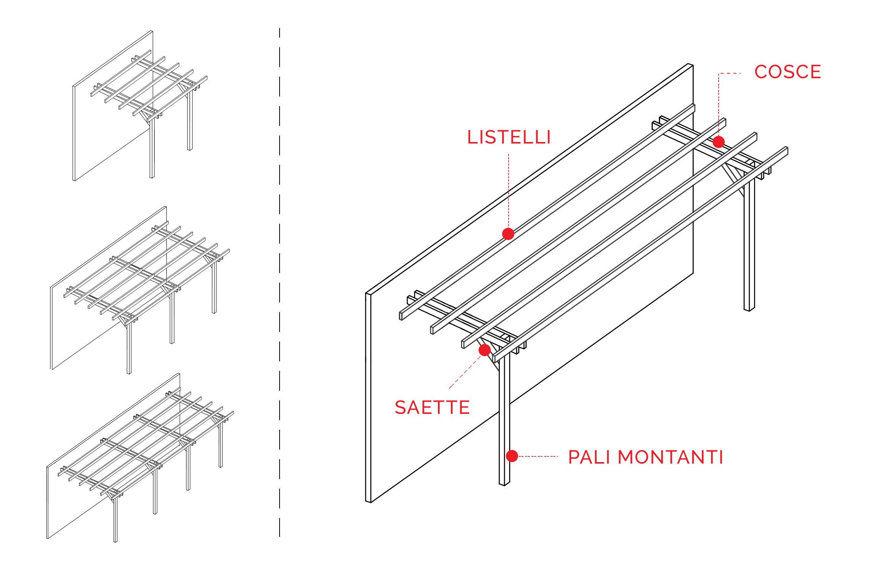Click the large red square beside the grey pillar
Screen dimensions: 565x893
466,370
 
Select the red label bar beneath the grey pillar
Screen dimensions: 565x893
432,407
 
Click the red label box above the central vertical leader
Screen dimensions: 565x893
509,137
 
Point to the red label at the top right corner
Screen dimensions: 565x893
788,71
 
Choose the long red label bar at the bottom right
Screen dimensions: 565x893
645,457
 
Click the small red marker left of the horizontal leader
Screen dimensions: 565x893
512,456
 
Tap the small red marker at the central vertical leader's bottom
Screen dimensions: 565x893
508,234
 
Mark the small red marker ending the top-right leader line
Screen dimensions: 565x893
718,141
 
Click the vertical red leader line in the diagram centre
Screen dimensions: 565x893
508,190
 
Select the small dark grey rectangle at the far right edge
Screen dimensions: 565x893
778,181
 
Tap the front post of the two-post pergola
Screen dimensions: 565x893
152,152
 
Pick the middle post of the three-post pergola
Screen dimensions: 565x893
172,319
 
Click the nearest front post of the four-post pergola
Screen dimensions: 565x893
115,520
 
